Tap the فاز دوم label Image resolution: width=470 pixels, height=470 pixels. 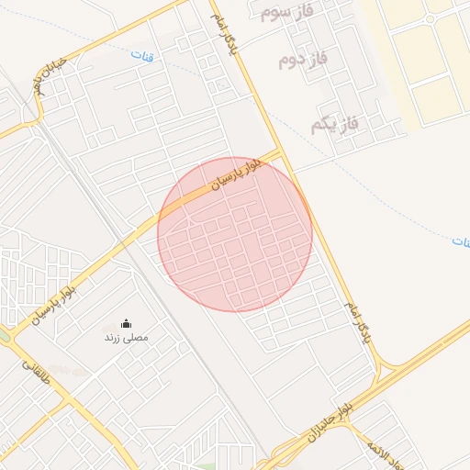click(x=303, y=62)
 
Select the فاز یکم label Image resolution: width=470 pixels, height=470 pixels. click(x=333, y=122)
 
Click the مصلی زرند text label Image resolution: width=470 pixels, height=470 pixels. click(x=126, y=338)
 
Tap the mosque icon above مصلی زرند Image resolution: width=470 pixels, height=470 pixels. click(x=126, y=324)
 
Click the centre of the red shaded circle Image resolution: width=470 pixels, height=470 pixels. click(x=235, y=234)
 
